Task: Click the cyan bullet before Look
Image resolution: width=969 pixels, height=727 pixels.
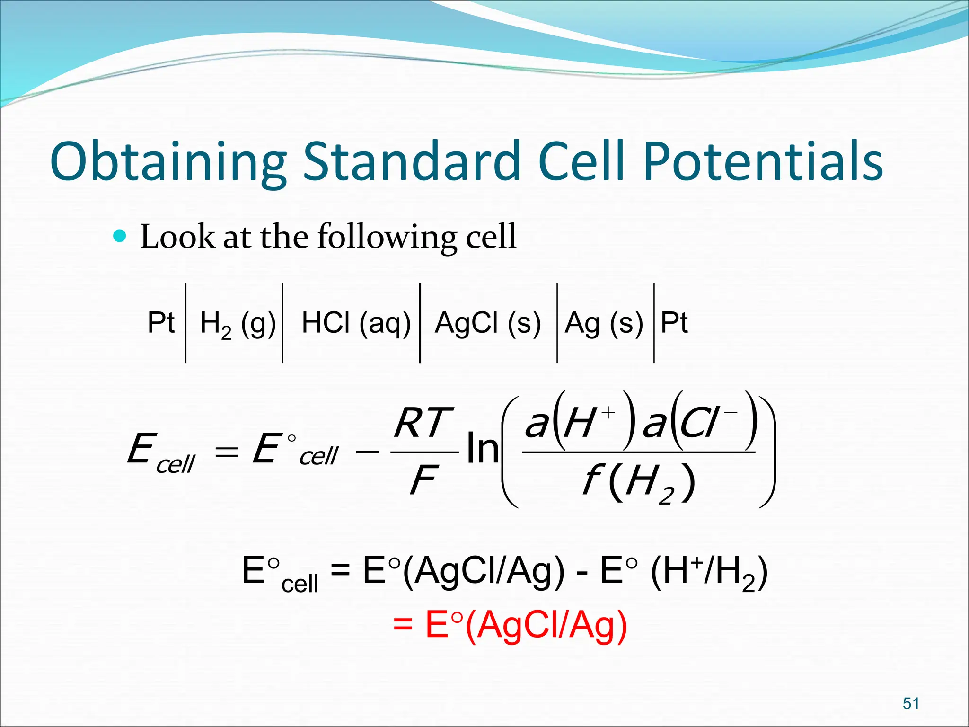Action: click(121, 235)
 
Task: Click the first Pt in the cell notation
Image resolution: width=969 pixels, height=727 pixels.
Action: click(161, 323)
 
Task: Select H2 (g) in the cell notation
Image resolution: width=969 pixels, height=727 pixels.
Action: click(238, 324)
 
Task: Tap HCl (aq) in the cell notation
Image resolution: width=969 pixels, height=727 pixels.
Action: click(356, 323)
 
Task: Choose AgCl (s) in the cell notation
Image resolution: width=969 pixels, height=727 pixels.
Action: click(488, 323)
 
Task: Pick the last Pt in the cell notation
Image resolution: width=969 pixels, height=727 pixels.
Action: click(674, 323)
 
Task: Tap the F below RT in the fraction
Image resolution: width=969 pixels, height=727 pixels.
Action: click(423, 480)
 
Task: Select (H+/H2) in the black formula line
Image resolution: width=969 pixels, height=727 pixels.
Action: click(708, 571)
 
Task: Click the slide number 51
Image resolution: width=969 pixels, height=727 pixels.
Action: click(910, 703)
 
